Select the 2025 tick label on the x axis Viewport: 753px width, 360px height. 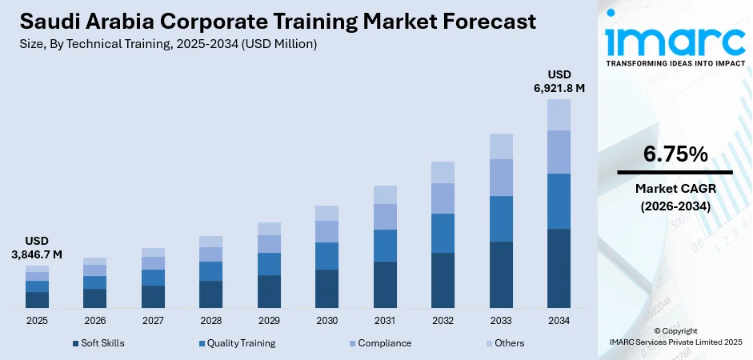pos(37,320)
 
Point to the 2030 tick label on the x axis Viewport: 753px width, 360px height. pos(326,320)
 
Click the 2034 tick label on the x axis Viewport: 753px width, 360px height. pos(559,320)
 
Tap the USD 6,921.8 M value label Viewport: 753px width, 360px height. pos(559,82)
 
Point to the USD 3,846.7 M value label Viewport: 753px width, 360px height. pos(37,247)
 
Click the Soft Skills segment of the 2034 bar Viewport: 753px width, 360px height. pos(559,268)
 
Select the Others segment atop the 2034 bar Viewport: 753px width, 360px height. pos(559,114)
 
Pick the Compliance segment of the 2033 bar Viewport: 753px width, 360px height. pos(501,177)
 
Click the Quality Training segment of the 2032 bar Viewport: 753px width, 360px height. pos(443,233)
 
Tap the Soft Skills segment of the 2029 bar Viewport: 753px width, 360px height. pos(269,291)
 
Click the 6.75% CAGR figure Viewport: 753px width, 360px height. pos(675,154)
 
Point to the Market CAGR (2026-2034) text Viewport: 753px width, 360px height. pos(675,197)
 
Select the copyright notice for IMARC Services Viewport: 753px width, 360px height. pos(675,336)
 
